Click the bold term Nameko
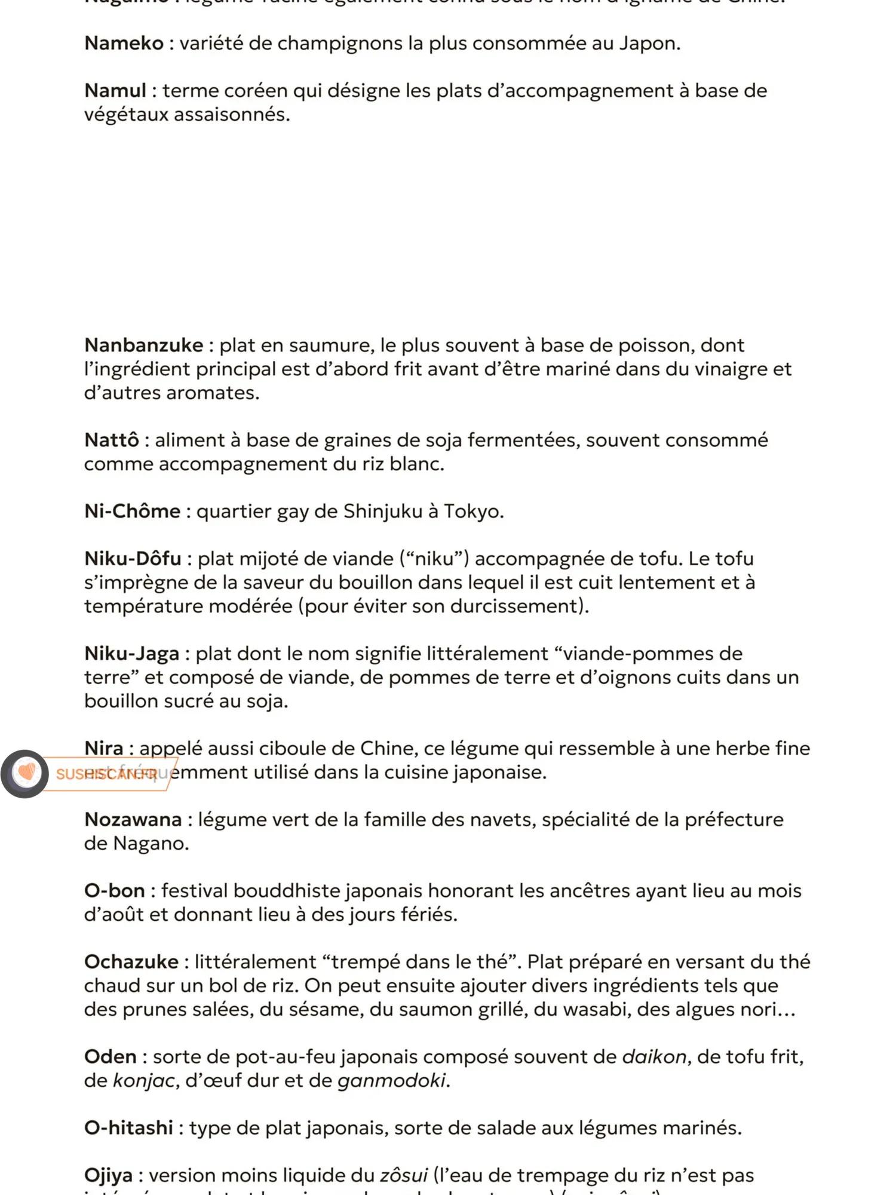(124, 44)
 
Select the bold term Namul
(115, 91)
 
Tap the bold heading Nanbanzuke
(143, 345)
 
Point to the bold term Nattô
(112, 440)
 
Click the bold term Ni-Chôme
(132, 511)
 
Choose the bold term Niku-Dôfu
(133, 559)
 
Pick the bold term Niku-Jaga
(131, 654)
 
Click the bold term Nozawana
(133, 820)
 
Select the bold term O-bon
(114, 891)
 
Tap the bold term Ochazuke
(131, 962)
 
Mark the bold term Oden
(111, 1057)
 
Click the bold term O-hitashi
(128, 1128)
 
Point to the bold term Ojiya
(108, 1176)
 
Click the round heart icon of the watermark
(24, 774)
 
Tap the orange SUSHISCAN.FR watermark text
(106, 774)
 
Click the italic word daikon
(654, 1057)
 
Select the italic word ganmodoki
(391, 1081)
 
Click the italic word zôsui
(404, 1176)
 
